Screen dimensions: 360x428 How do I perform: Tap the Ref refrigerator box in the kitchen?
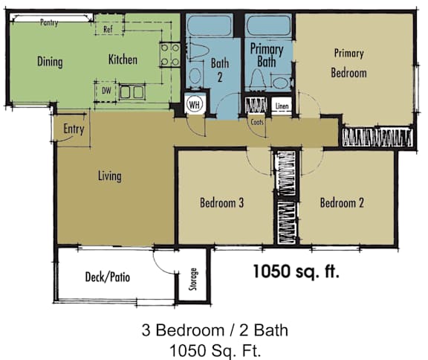pyautogui.click(x=108, y=30)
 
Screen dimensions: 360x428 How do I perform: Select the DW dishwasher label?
pyautogui.click(x=107, y=91)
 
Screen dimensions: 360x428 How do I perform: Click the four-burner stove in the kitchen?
pyautogui.click(x=169, y=54)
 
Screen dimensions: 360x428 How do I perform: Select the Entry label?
pyautogui.click(x=74, y=129)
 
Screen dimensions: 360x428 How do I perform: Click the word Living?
pyautogui.click(x=109, y=176)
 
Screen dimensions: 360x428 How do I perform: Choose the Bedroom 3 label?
pyautogui.click(x=222, y=202)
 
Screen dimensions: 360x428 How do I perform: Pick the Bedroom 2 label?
pyautogui.click(x=342, y=202)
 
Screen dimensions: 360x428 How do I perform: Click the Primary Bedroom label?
pyautogui.click(x=349, y=63)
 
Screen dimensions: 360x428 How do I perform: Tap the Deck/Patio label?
pyautogui.click(x=108, y=277)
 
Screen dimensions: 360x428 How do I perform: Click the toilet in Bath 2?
pyautogui.click(x=195, y=75)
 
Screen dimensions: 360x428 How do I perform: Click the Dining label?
pyautogui.click(x=50, y=62)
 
